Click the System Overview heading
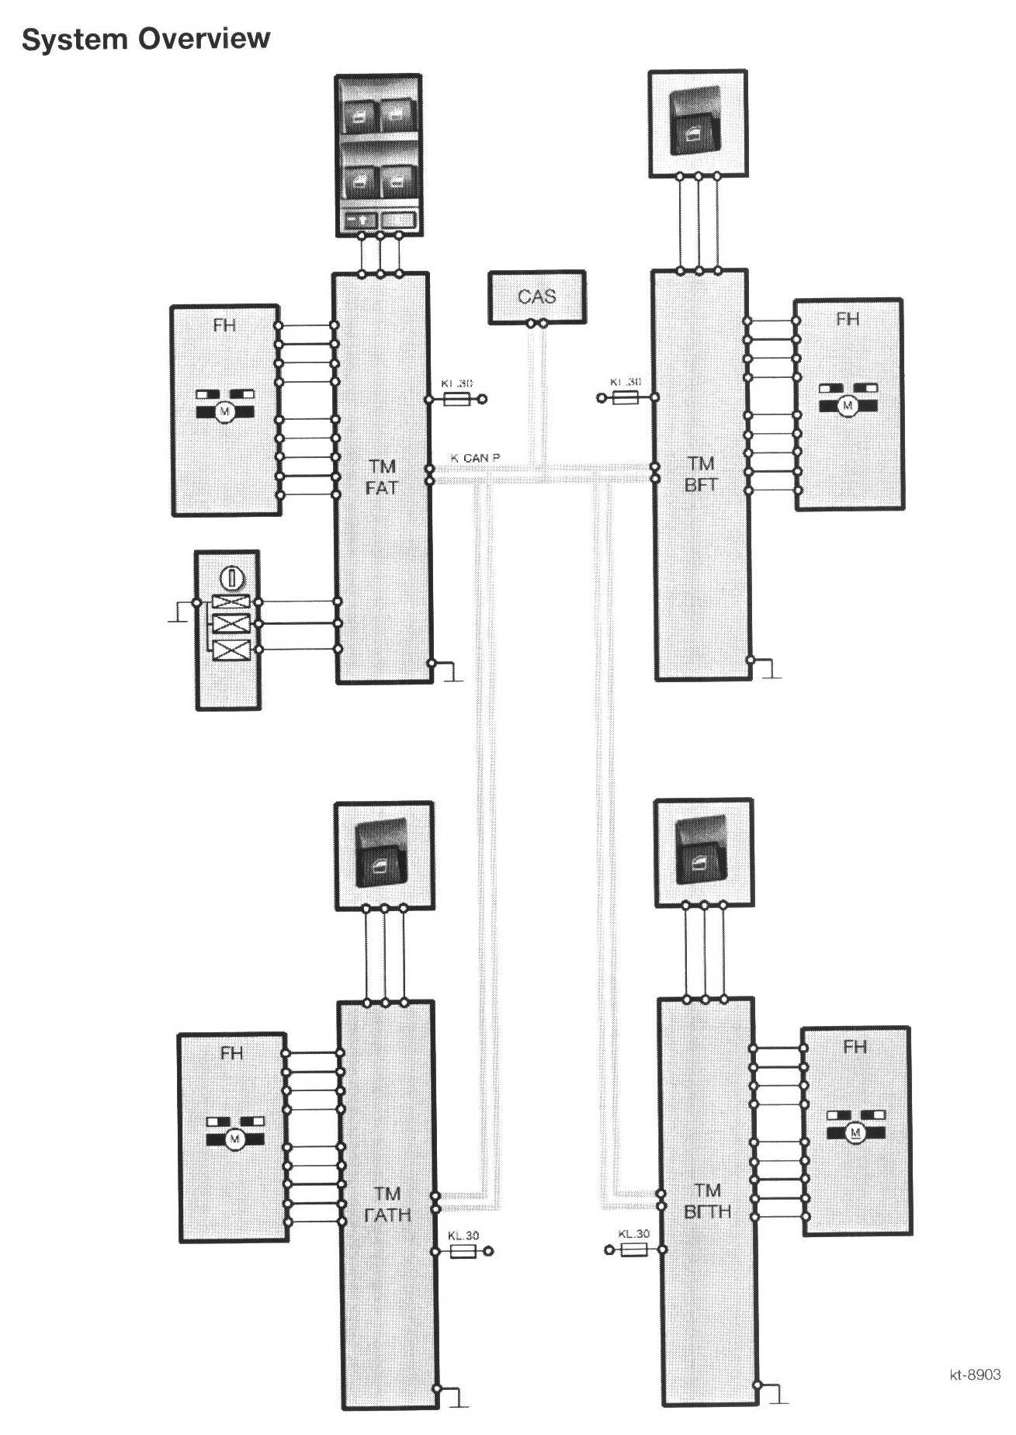(146, 39)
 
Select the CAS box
(536, 296)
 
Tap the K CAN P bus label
(475, 458)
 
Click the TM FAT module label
(381, 477)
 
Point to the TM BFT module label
(701, 474)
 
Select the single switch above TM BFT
(699, 122)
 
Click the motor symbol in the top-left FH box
(225, 411)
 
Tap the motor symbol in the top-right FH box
(848, 404)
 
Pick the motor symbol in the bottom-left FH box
(235, 1139)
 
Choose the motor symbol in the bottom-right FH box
(855, 1132)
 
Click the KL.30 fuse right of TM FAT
(454, 400)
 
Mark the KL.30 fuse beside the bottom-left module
(463, 1251)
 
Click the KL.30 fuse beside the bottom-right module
(633, 1249)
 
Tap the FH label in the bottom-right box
(854, 1047)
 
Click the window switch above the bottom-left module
(383, 854)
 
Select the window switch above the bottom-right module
(703, 851)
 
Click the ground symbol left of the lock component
(178, 613)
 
